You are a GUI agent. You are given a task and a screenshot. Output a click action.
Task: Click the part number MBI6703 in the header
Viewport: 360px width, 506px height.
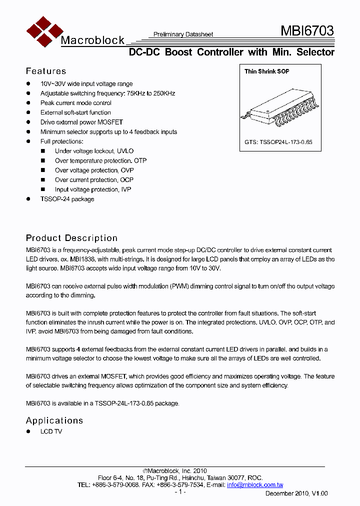coord(307,31)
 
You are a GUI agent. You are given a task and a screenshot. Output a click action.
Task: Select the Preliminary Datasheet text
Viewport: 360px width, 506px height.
coord(183,34)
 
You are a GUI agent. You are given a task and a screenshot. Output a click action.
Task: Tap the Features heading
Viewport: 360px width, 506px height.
coord(46,71)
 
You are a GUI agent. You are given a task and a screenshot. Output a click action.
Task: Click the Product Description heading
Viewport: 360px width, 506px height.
coord(71,238)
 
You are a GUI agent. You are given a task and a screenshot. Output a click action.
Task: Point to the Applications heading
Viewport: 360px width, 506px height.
coord(54,420)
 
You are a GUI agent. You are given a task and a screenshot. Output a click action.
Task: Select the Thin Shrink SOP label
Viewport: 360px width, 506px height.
coord(266,71)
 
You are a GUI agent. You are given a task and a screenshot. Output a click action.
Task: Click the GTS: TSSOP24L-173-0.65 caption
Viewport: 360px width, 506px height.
coord(278,142)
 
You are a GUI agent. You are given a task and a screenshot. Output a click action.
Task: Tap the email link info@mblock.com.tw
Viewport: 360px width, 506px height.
coord(255,485)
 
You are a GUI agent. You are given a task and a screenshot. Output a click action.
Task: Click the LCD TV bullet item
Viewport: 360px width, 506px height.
coord(51,431)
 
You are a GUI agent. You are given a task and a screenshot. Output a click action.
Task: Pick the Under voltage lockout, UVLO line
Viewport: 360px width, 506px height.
coord(94,151)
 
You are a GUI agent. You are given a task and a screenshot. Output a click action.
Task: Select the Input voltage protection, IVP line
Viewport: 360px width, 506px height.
coord(93,189)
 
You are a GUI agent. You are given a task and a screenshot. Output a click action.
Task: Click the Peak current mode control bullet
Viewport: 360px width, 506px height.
coord(75,103)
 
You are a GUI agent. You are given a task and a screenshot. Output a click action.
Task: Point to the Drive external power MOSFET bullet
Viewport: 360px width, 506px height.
coord(81,122)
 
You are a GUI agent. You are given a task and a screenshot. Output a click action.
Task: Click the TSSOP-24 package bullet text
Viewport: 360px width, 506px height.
coord(67,199)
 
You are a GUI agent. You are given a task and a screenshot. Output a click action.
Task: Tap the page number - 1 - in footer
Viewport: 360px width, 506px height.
coord(180,492)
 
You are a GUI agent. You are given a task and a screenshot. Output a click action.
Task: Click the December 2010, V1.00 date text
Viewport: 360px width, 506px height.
coord(296,493)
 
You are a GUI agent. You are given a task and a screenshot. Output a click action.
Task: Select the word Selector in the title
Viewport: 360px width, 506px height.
coord(315,52)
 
